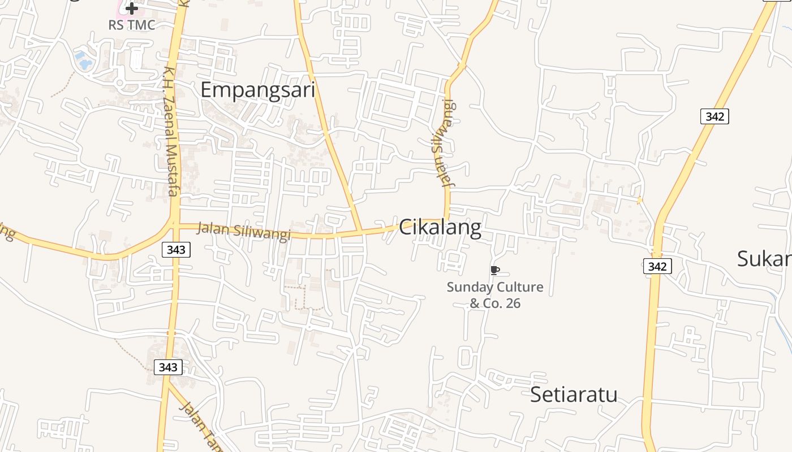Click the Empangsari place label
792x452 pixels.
coord(257,90)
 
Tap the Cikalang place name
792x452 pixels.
coord(440,228)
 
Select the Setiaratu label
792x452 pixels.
coord(574,394)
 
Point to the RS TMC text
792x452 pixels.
coord(132,25)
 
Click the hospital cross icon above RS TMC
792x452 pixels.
coord(132,8)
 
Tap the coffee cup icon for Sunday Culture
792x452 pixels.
coord(494,270)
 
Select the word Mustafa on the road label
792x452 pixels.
coord(172,170)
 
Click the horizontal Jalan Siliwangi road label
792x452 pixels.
coord(243,231)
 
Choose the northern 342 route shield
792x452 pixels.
coord(714,116)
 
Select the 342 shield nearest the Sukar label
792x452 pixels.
coord(657,266)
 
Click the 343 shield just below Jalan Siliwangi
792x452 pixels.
coord(176,249)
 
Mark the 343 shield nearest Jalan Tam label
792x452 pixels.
coord(168,367)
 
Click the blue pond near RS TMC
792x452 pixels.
coord(84,59)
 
